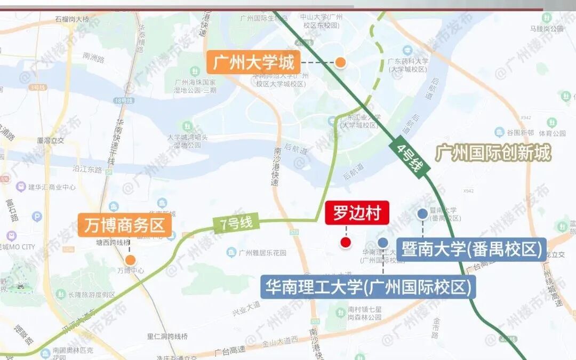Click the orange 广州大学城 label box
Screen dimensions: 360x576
click(253, 63)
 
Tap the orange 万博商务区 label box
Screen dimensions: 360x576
click(125, 226)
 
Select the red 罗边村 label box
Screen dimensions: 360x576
click(357, 213)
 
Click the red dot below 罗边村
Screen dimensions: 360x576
click(346, 243)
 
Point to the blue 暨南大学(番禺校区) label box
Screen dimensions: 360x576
click(471, 250)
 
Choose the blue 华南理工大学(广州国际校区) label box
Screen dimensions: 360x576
click(367, 287)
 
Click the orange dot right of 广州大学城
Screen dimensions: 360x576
click(340, 63)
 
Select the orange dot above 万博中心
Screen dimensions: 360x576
click(130, 260)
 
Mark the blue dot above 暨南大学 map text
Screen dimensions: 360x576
click(422, 214)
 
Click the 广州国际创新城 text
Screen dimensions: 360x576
click(493, 154)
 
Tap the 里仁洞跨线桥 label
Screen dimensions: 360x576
click(168, 337)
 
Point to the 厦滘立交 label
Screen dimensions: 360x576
click(51, 141)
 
